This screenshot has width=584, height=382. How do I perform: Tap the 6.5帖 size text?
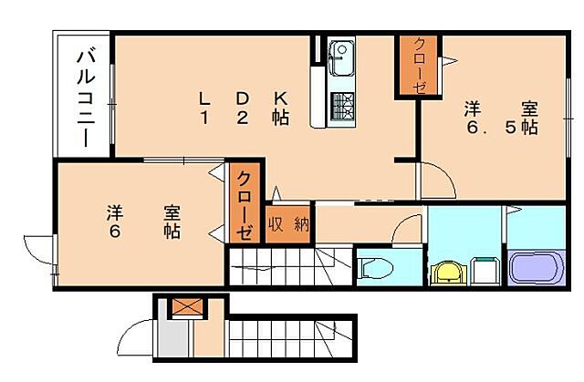(498, 129)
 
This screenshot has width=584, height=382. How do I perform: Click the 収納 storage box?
(288, 223)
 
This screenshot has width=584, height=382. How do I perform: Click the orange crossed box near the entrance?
(187, 307)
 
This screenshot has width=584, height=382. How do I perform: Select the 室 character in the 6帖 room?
(172, 212)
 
